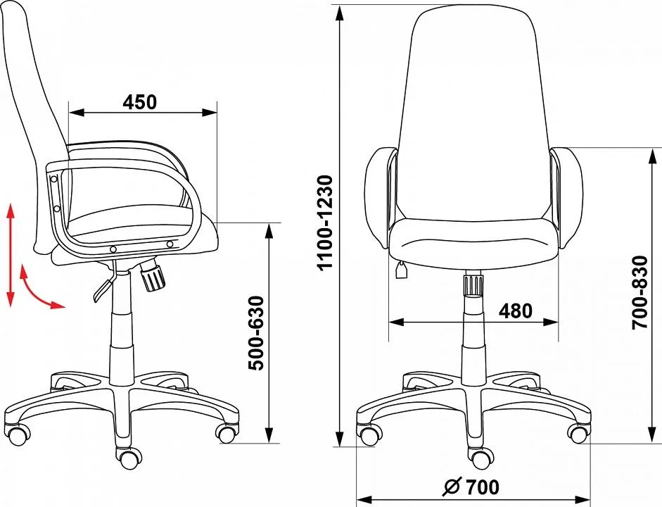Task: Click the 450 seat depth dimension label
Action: pyautogui.click(x=140, y=102)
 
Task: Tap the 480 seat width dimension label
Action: pyautogui.click(x=516, y=311)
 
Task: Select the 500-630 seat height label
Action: pyautogui.click(x=256, y=333)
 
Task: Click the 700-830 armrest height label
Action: pyautogui.click(x=640, y=292)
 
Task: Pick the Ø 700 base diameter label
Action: pyautogui.click(x=471, y=487)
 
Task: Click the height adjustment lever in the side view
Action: pyautogui.click(x=105, y=282)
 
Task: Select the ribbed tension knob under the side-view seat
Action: pyautogui.click(x=152, y=275)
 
